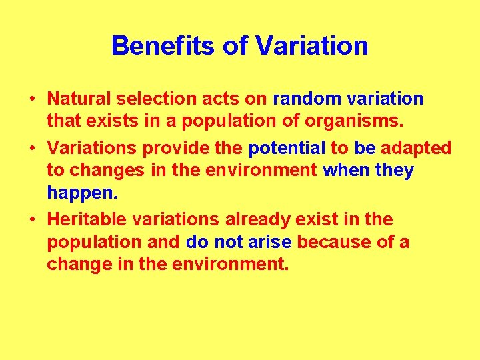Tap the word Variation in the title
coord(311,46)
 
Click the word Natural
coord(79,99)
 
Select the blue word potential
coord(287,148)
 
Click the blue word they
coord(395,171)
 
